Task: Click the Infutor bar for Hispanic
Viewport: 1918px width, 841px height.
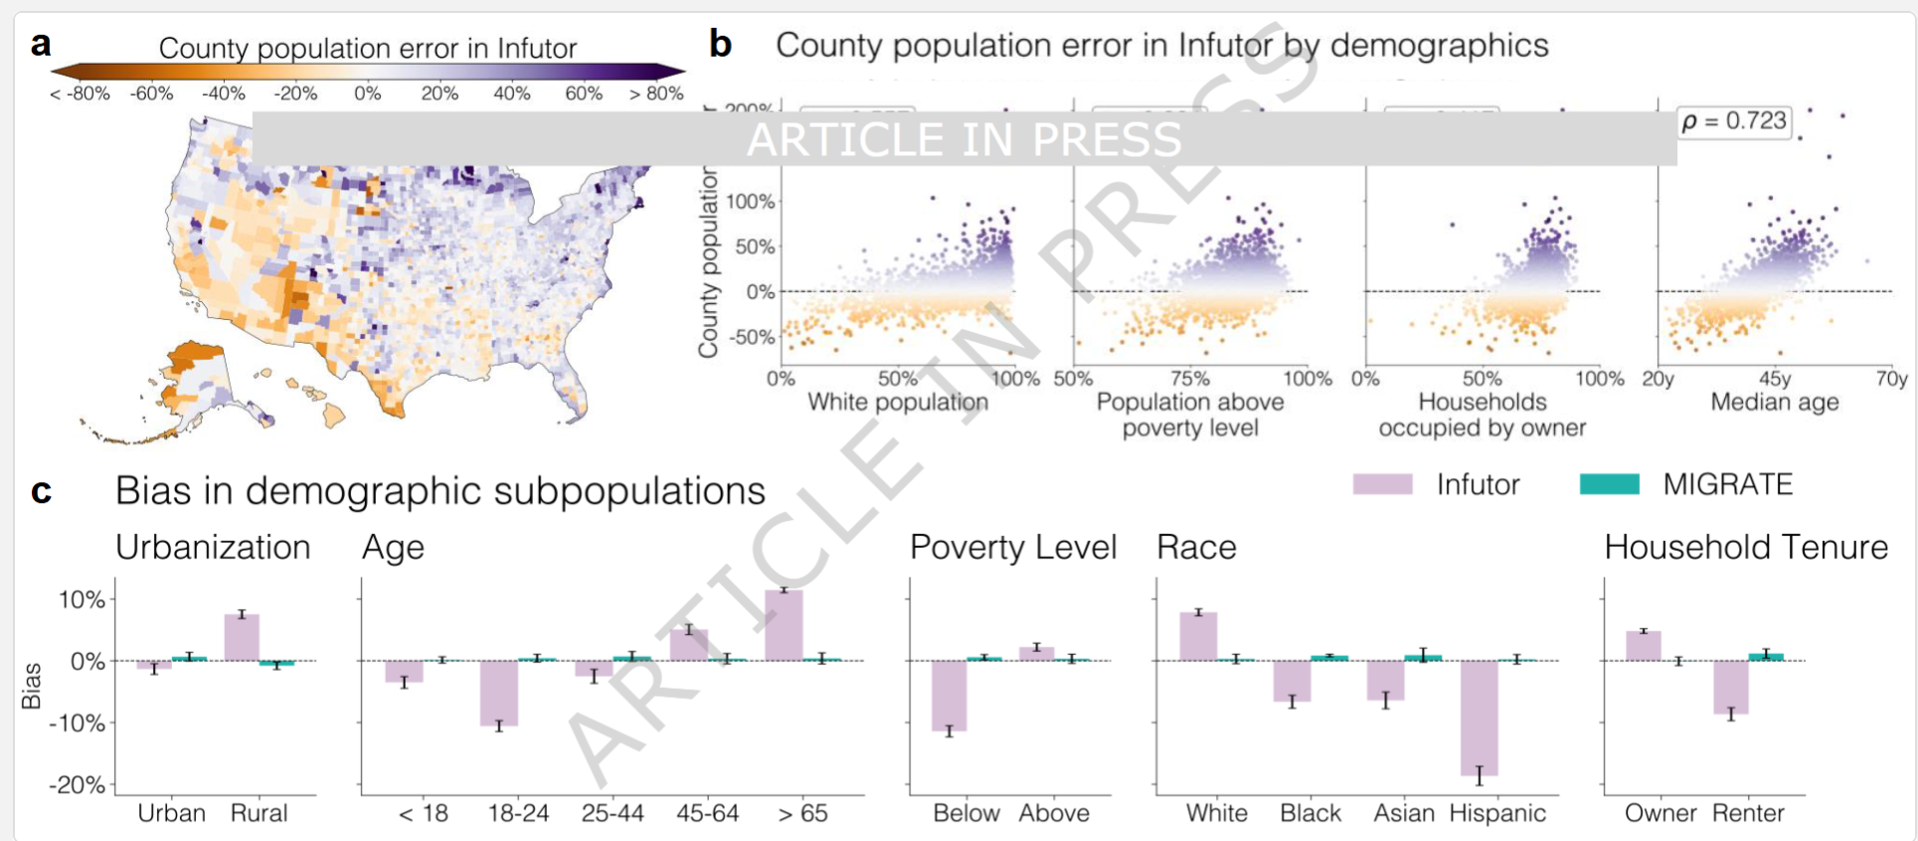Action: tap(1479, 718)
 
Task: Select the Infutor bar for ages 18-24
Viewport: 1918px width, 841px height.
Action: tap(499, 693)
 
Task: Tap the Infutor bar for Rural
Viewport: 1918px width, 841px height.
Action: tap(242, 637)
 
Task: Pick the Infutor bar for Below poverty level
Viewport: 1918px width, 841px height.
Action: tap(949, 696)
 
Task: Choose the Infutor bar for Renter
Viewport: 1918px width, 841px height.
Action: tap(1731, 687)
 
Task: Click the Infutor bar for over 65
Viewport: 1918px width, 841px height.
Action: tap(784, 625)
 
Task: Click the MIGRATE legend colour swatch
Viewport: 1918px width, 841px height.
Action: tap(1609, 484)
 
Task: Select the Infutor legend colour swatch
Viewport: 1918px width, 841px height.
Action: tap(1382, 484)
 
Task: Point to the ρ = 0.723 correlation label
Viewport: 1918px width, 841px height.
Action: tap(1734, 121)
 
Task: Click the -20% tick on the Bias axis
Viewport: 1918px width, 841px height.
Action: tap(78, 785)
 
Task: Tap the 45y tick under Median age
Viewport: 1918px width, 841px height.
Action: tap(1775, 379)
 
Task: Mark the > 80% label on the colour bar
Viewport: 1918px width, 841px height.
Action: tap(656, 93)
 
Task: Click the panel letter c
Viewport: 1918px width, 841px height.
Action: tap(41, 491)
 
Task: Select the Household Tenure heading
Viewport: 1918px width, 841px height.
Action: tap(1746, 548)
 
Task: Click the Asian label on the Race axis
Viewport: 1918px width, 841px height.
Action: tap(1404, 813)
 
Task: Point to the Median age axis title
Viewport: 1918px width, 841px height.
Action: tap(1775, 403)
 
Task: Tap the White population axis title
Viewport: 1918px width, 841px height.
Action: tap(898, 403)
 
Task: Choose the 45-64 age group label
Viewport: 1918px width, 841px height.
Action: tap(708, 813)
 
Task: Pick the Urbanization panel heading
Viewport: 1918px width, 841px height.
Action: tap(213, 548)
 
